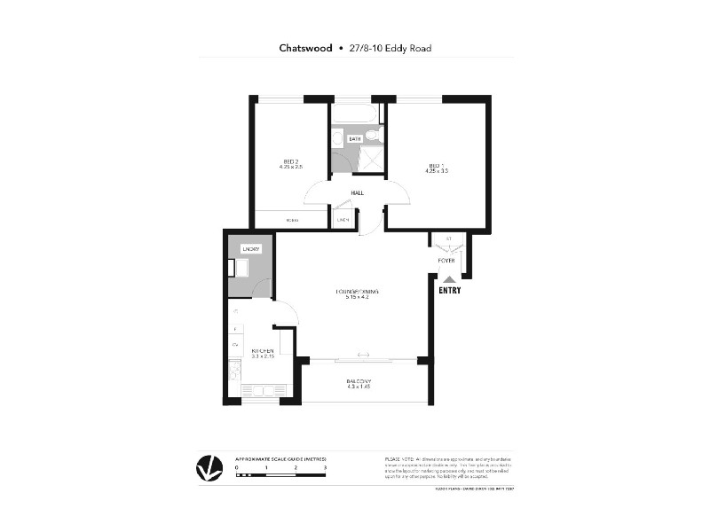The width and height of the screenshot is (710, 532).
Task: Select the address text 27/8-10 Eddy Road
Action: point(390,48)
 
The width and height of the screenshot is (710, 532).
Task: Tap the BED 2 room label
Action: point(290,161)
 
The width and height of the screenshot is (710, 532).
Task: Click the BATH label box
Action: point(355,138)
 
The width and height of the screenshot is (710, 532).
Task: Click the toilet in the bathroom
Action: point(375,137)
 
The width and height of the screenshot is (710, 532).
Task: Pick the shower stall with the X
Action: point(370,160)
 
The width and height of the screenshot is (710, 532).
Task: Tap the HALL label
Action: point(358,192)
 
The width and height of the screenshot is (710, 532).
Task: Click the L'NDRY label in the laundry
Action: point(250,249)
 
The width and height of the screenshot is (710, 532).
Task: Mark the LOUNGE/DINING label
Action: point(351,293)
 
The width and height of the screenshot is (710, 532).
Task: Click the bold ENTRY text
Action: point(448,290)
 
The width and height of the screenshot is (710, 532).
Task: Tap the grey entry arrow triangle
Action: point(448,278)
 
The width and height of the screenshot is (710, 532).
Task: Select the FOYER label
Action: point(446,261)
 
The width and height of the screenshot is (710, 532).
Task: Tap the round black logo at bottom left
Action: point(209,468)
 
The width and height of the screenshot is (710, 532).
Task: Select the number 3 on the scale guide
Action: point(326,466)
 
